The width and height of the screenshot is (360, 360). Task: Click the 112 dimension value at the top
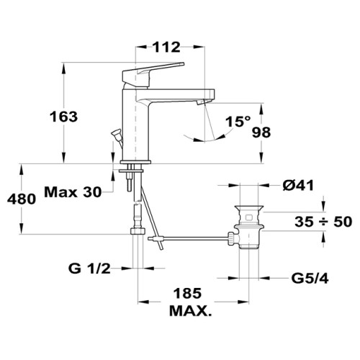[x=167, y=47]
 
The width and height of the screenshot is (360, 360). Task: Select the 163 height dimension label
[x=63, y=117]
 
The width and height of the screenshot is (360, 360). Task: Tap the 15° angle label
[x=238, y=121]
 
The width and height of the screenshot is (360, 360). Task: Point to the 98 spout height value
[x=261, y=132]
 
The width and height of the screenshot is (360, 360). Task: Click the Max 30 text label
[x=73, y=192]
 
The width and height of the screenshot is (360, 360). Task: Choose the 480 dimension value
[x=22, y=199]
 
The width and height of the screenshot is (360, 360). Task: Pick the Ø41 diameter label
[x=298, y=185]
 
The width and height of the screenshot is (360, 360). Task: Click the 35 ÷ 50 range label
[x=323, y=221]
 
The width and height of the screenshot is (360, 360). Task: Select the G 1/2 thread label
[x=89, y=269]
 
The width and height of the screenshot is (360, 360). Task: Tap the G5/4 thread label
[x=310, y=279]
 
